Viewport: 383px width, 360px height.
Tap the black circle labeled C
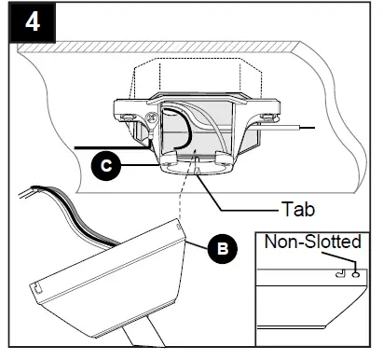point(108,168)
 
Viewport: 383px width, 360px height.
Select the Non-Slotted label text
point(311,242)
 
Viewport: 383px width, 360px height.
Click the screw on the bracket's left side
point(148,120)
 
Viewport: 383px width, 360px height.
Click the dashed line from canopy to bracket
point(186,201)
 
